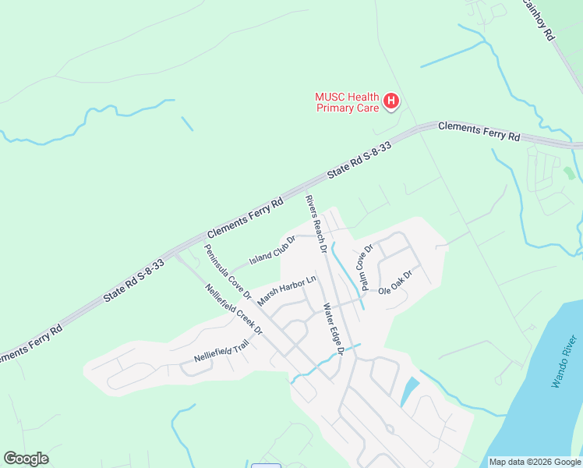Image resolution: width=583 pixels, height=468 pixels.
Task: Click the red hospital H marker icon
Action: [392, 101]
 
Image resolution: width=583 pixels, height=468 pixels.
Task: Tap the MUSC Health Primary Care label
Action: [347, 102]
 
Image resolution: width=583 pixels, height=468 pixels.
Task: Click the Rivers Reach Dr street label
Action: [315, 225]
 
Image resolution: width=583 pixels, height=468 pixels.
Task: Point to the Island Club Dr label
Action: [272, 250]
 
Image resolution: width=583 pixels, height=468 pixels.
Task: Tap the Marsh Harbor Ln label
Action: [288, 291]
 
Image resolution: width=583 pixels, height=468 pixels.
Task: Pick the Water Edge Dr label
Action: [334, 325]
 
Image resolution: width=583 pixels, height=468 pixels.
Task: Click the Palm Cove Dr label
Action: [364, 264]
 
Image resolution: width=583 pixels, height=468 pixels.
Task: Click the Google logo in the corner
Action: [26, 459]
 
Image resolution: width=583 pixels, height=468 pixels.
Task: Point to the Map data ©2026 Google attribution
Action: [534, 462]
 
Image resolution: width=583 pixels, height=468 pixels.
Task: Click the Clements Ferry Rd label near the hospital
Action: [479, 130]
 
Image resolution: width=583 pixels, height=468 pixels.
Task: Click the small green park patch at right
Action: [569, 172]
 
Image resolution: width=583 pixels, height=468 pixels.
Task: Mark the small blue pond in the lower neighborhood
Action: [408, 391]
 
